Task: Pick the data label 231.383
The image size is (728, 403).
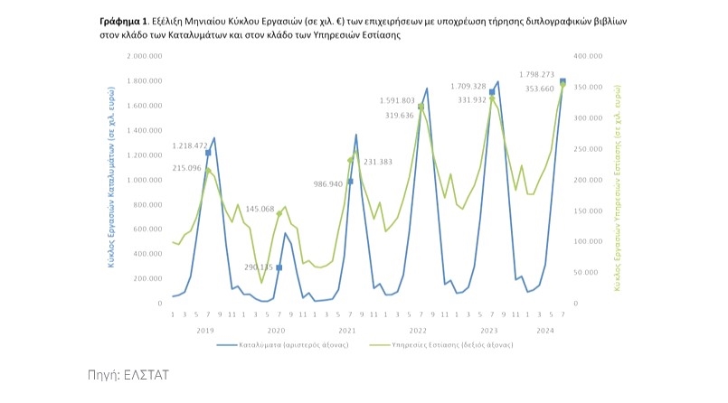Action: coord(377,162)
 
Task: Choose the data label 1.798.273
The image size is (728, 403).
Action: coord(536,74)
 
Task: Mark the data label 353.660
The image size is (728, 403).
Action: coord(540,89)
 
